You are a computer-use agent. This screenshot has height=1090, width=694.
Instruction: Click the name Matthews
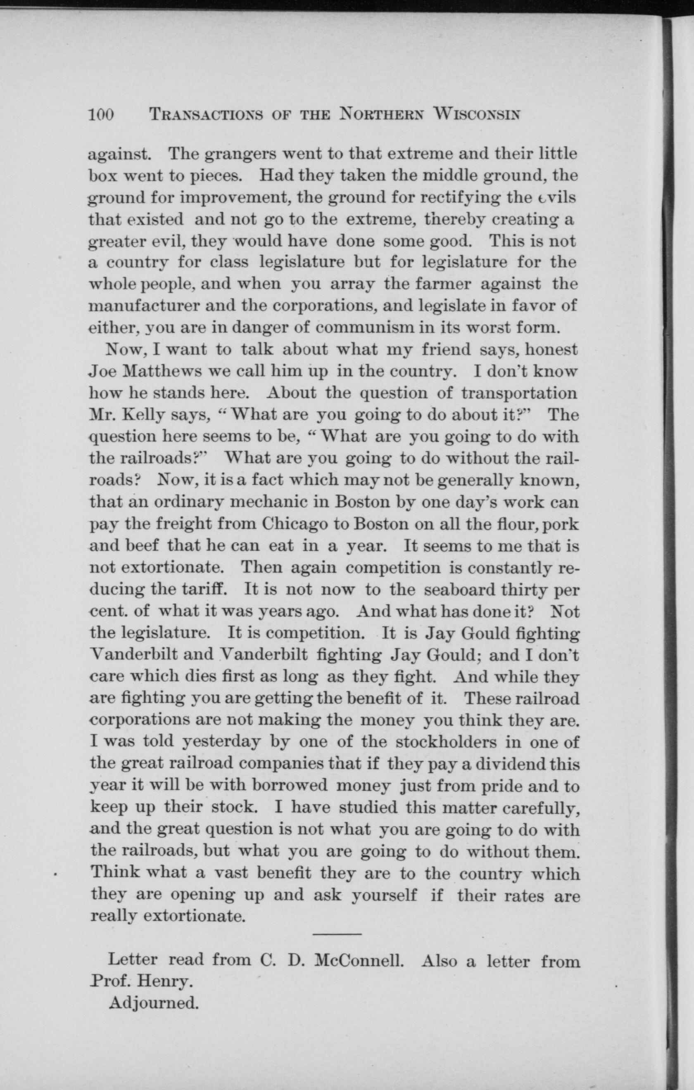(x=162, y=371)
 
